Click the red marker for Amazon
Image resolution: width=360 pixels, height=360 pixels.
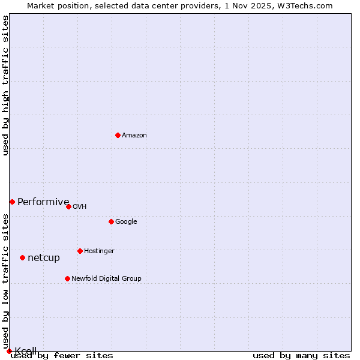click(118, 135)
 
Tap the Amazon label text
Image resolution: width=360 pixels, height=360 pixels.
click(134, 136)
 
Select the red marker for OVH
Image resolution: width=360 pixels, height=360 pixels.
click(68, 206)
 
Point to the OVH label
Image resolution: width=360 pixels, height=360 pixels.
click(80, 207)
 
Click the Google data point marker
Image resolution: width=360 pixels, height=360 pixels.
click(111, 221)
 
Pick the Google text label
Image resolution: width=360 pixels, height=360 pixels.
click(126, 222)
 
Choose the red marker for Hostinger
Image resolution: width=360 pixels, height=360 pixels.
click(80, 251)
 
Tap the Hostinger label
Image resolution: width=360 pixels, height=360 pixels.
click(99, 251)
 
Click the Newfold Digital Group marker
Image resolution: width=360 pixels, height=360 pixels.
click(67, 278)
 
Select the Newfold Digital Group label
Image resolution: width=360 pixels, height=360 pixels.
click(106, 279)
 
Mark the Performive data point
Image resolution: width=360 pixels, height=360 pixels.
click(12, 202)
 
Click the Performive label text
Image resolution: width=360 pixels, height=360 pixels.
click(43, 202)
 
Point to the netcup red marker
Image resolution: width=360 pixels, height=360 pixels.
click(22, 257)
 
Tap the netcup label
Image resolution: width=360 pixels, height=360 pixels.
click(44, 258)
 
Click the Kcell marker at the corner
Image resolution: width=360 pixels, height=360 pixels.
click(9, 351)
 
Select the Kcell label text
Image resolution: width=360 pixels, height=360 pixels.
click(26, 351)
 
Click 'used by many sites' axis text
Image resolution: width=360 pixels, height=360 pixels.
click(301, 356)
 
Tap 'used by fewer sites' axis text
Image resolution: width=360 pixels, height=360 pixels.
click(62, 356)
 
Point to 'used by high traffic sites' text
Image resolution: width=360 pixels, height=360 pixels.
click(6, 85)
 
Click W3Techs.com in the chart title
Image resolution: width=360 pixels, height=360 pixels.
click(305, 5)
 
